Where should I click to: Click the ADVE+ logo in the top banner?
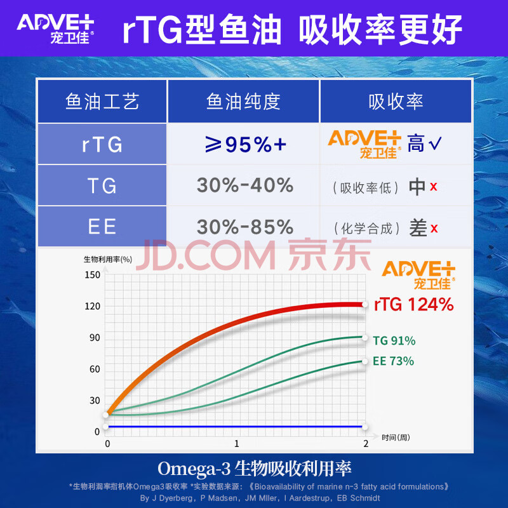click(56, 29)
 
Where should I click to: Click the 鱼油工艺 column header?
click(102, 102)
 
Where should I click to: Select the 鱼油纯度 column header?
click(243, 102)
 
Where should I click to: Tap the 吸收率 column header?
click(395, 102)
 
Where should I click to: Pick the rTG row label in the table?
click(102, 144)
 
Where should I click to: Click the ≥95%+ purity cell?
click(243, 144)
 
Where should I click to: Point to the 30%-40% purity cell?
click(244, 185)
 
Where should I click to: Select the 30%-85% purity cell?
click(244, 227)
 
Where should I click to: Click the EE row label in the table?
click(102, 227)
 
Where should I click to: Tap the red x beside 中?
click(433, 187)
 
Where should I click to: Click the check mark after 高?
click(435, 144)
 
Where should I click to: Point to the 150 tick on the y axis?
click(93, 275)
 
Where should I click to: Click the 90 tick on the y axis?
click(95, 338)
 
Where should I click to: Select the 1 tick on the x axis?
click(237, 443)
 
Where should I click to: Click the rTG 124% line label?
click(413, 305)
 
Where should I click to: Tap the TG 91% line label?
click(394, 341)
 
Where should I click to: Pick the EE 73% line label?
click(393, 361)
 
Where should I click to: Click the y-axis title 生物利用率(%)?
click(107, 259)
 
